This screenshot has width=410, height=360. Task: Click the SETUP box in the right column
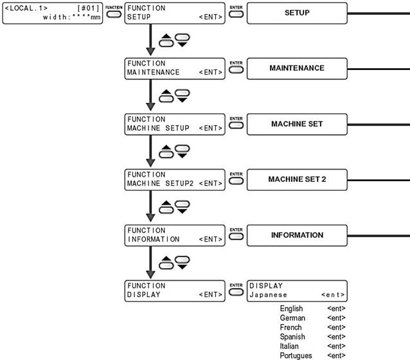tap(297, 13)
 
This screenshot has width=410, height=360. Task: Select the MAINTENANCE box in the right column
tap(297, 69)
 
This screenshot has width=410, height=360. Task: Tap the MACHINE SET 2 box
tap(297, 180)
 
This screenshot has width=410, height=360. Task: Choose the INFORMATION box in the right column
tap(297, 235)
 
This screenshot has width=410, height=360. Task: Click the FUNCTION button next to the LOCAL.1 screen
tap(114, 14)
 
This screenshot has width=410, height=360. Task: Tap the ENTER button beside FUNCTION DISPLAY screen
tap(236, 292)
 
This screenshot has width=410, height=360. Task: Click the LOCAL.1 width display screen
tap(53, 13)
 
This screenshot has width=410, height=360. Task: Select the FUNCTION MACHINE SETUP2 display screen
tap(175, 180)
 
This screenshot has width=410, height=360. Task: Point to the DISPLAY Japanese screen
tap(297, 291)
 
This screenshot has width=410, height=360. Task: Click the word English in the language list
tap(291, 309)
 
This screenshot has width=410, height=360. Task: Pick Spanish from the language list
tap(292, 337)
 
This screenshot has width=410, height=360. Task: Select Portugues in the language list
tap(296, 355)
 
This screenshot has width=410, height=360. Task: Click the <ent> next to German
tap(336, 318)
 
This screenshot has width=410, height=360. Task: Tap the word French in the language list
tap(290, 327)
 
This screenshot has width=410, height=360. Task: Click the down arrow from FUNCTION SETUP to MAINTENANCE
tap(150, 40)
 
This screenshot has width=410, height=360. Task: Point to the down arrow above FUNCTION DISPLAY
tap(150, 262)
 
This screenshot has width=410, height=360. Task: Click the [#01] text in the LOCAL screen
tap(89, 8)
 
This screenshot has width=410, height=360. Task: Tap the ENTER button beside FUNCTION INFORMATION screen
tap(236, 237)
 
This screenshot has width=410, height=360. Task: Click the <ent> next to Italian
tap(336, 346)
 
